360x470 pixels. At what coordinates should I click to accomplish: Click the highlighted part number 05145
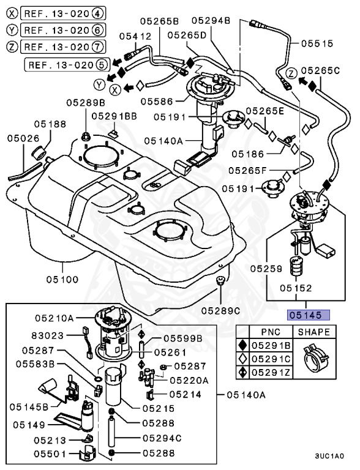[309, 316]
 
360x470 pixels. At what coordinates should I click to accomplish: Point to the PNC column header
[270, 332]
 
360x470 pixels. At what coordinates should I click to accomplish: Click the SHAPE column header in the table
[314, 332]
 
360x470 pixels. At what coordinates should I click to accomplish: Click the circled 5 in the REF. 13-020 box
[102, 63]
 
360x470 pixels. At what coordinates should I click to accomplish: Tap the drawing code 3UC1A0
[329, 456]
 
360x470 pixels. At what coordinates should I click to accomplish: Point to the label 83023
[48, 335]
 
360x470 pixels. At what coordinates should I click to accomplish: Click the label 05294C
[162, 438]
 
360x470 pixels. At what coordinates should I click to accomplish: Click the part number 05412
[135, 36]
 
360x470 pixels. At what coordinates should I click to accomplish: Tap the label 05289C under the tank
[221, 310]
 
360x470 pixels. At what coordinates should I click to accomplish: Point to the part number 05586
[156, 100]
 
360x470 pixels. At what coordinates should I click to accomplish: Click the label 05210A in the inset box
[54, 318]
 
